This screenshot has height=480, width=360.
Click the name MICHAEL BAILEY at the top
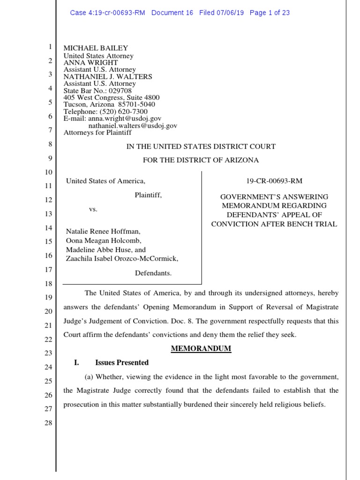[x=96, y=48]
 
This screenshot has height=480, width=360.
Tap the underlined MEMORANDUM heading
[x=201, y=349]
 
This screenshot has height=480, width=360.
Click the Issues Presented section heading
[x=122, y=362]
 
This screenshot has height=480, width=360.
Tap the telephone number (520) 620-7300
[x=121, y=112]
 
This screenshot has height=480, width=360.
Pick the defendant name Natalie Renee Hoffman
[x=103, y=232]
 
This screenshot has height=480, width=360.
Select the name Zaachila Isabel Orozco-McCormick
[x=122, y=258]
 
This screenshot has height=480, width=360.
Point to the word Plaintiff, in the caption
[x=149, y=195]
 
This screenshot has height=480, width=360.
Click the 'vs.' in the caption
[x=93, y=209]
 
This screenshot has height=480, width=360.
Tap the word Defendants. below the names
[x=153, y=272]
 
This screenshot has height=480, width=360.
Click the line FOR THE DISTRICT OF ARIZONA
[x=201, y=160]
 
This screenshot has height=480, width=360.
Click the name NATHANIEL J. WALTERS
[x=108, y=76]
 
